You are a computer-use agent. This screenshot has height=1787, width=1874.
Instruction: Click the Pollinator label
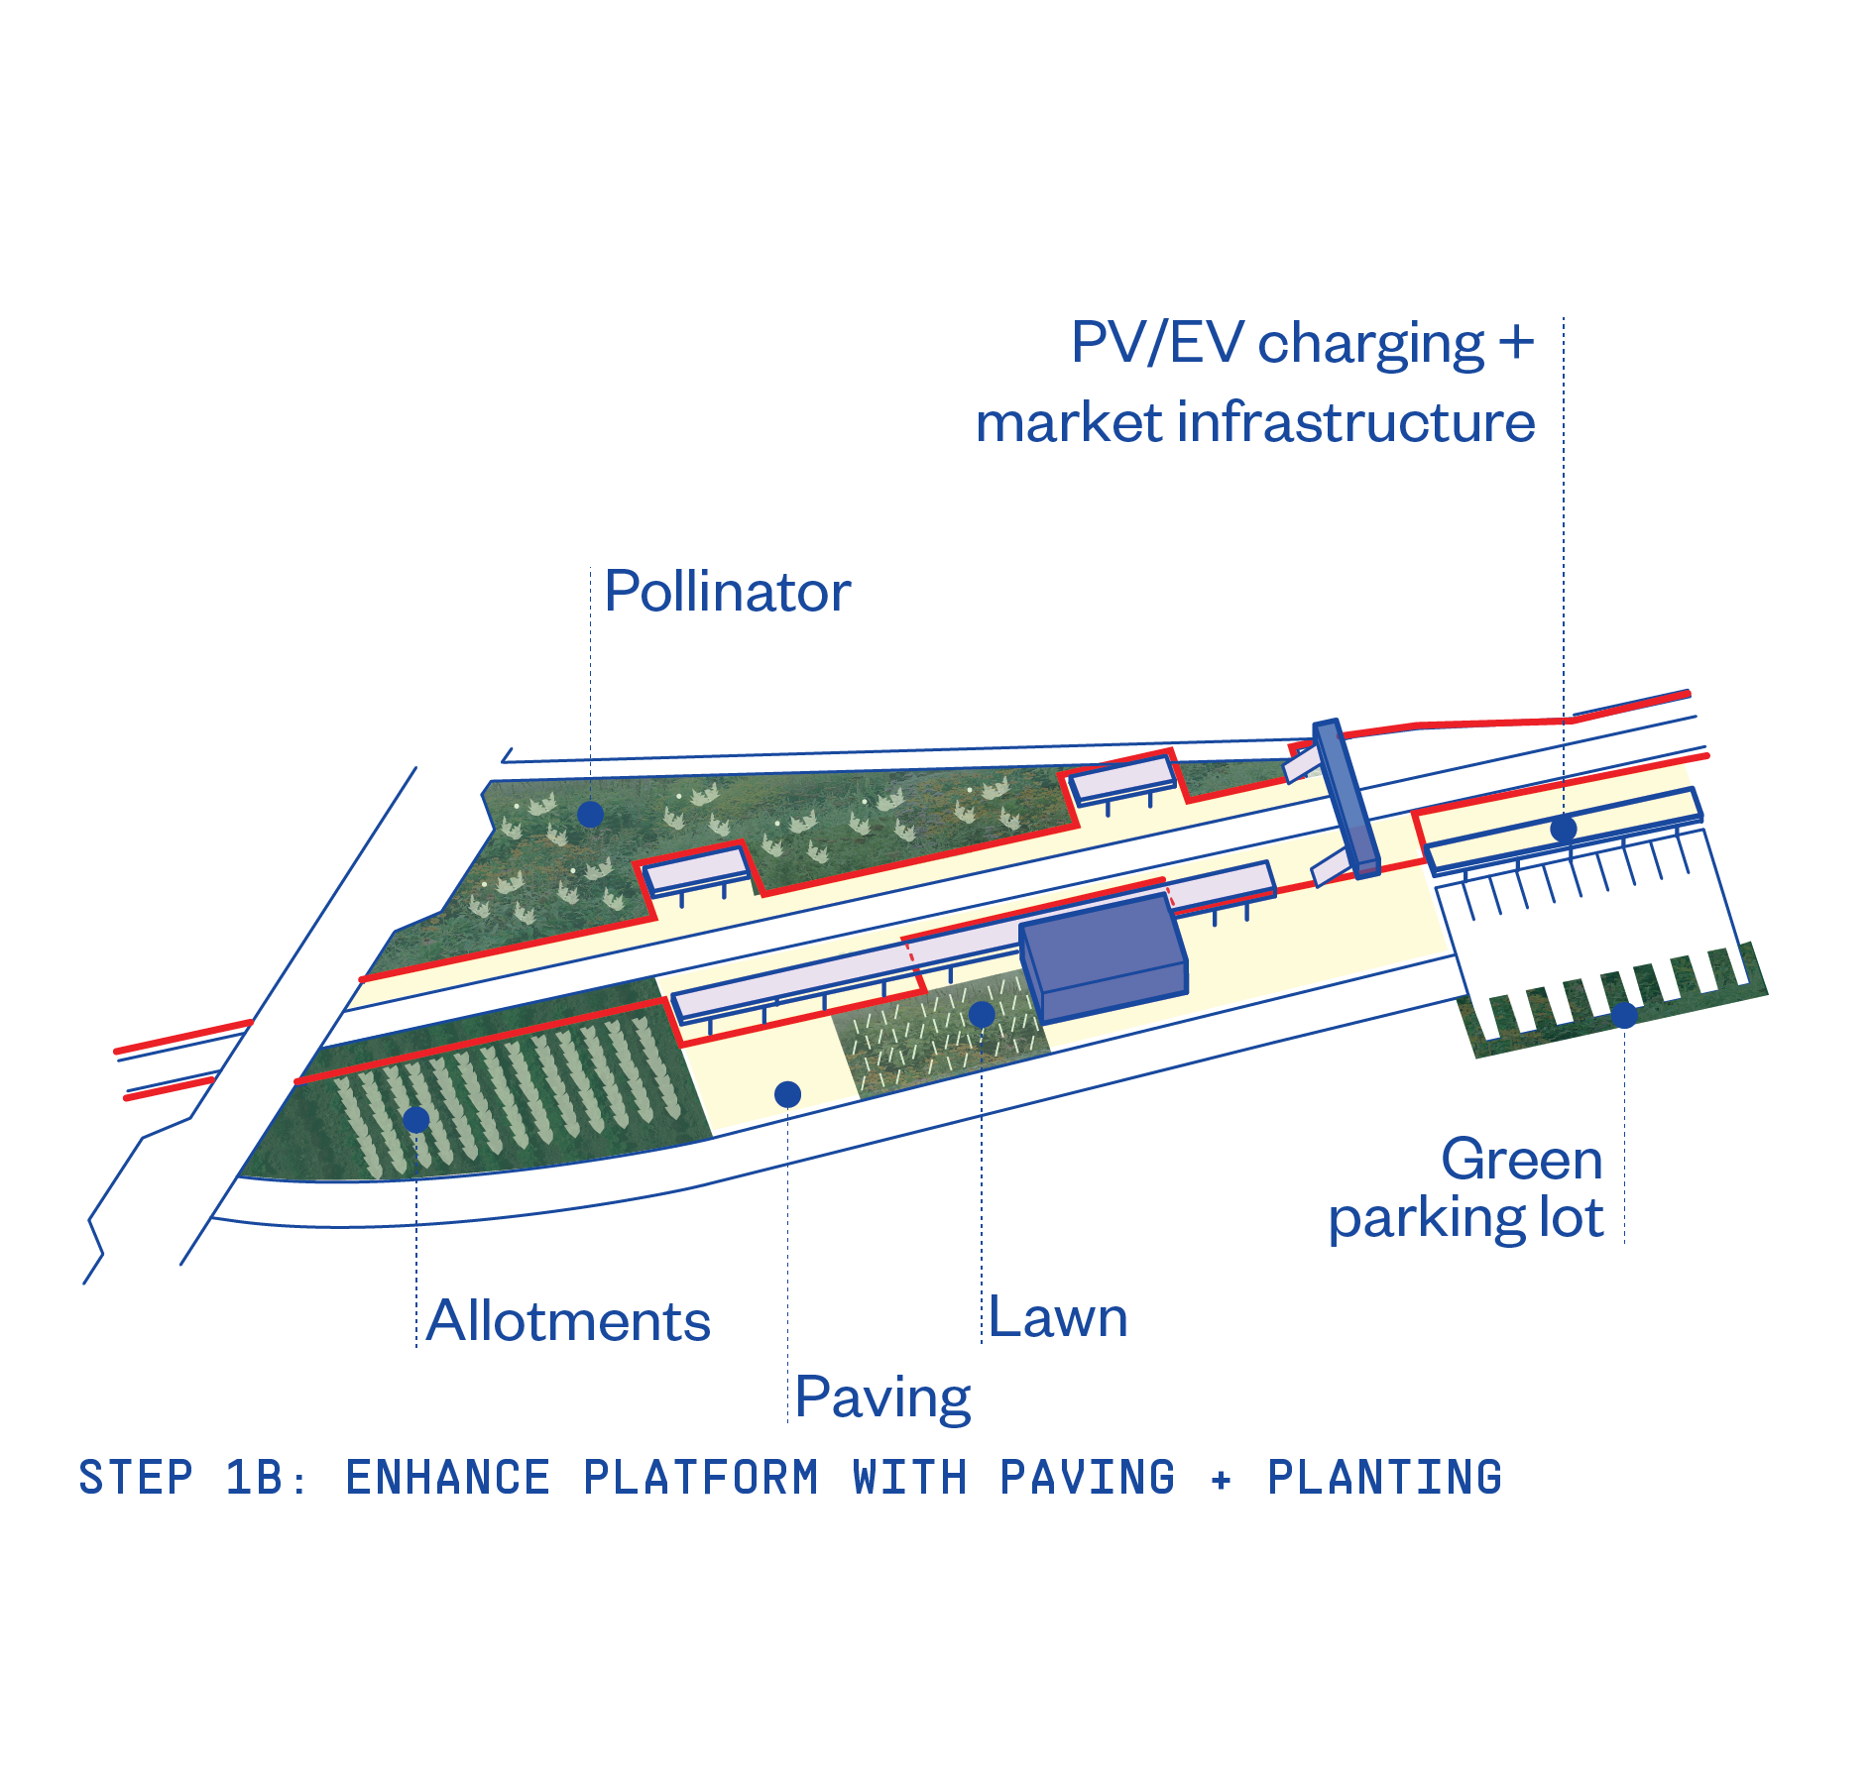click(x=727, y=593)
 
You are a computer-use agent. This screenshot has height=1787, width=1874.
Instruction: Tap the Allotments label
click(x=568, y=1321)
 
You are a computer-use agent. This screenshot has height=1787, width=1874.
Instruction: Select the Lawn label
click(x=1058, y=1318)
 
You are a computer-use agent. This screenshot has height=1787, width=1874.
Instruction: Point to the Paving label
click(x=882, y=1397)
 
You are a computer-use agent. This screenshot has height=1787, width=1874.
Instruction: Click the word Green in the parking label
click(x=1521, y=1160)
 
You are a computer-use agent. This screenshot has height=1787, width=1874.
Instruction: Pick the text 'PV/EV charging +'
click(x=1302, y=344)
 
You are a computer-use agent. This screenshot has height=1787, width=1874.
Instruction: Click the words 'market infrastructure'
click(x=1255, y=423)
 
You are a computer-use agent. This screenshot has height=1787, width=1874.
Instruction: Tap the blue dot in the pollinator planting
click(x=591, y=815)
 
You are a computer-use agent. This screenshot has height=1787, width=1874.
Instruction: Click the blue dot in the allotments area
click(x=416, y=1120)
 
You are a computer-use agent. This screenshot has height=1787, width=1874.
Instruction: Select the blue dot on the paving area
click(x=787, y=1094)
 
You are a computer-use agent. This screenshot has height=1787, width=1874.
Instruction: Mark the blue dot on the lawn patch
click(x=982, y=1014)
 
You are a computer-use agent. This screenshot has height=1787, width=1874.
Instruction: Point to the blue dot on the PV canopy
click(x=1564, y=829)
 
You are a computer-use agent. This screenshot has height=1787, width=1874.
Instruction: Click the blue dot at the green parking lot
click(x=1623, y=1015)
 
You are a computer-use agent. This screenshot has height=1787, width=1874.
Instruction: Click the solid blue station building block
click(x=1103, y=956)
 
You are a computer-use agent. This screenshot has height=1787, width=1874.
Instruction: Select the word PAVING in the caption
click(x=1087, y=1478)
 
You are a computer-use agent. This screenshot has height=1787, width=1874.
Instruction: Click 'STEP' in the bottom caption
click(x=136, y=1478)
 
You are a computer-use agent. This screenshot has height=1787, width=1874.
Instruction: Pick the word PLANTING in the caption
click(x=1384, y=1478)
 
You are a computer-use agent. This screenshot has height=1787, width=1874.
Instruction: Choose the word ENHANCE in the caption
click(x=447, y=1478)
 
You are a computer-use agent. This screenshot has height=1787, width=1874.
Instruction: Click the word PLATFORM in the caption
click(x=701, y=1478)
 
